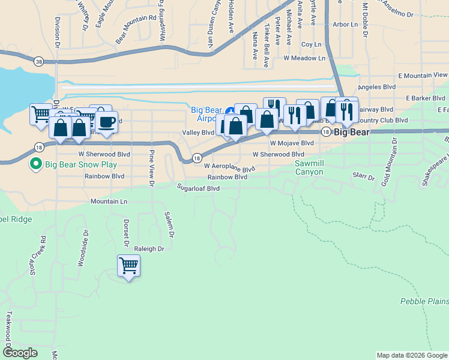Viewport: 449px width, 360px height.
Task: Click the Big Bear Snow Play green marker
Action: coord(35,163)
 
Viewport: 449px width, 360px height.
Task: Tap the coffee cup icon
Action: coord(107,122)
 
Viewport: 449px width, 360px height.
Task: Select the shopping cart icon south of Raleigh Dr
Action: coord(129,266)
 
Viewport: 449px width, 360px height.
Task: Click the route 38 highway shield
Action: coord(39,61)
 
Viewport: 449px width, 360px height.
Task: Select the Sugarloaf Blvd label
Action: coord(198,188)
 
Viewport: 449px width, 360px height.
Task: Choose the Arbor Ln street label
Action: coord(345,25)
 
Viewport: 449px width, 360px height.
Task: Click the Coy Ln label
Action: coord(312,44)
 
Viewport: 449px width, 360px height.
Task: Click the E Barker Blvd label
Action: coord(425,98)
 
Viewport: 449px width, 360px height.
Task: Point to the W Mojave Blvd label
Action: coord(292,143)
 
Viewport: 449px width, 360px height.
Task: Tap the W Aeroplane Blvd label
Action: coord(229,167)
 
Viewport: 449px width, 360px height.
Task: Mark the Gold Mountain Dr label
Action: coord(394,161)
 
